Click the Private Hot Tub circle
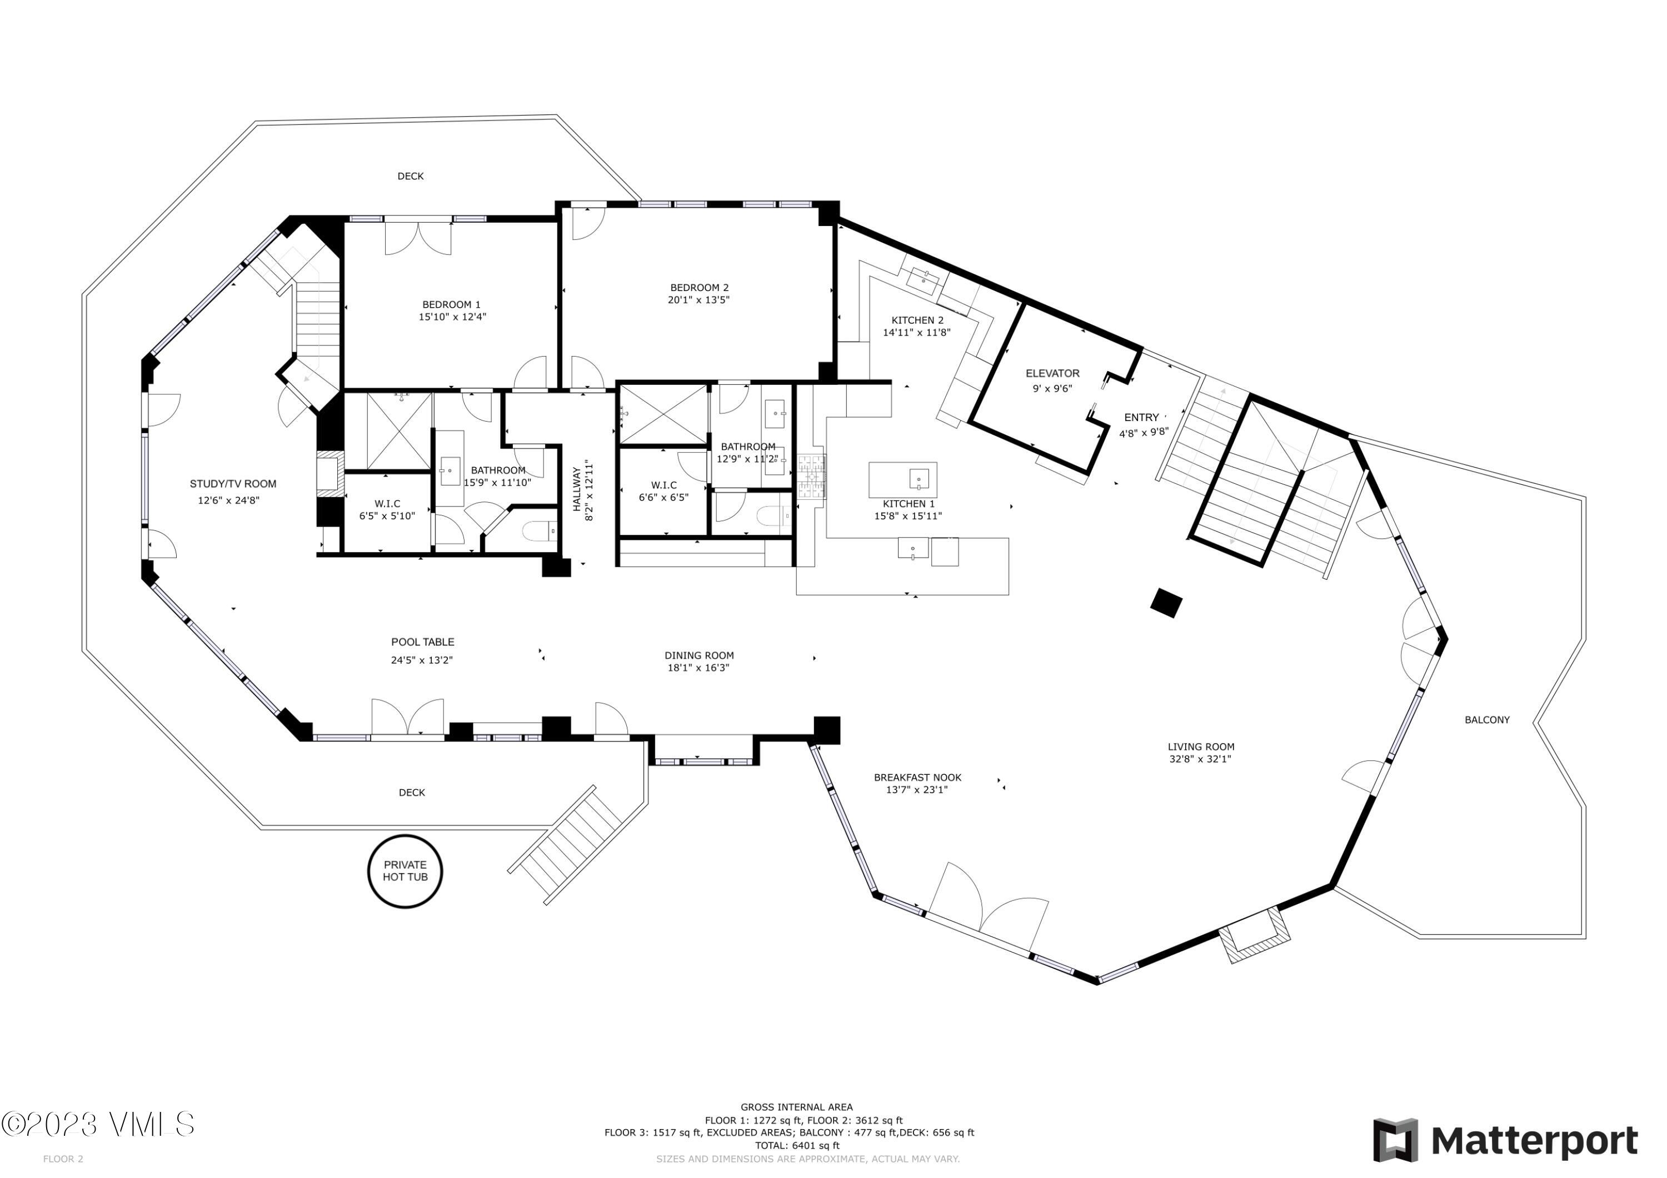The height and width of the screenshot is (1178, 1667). point(405,870)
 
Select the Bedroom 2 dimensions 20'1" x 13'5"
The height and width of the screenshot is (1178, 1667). point(698,300)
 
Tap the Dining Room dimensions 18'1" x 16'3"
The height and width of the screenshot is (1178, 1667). point(698,668)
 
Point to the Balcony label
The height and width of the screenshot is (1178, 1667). point(1487,719)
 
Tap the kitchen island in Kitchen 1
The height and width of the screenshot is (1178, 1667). point(902,480)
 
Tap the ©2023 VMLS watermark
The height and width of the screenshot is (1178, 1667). point(98,1124)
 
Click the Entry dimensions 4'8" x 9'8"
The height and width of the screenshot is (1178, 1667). point(1144,433)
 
